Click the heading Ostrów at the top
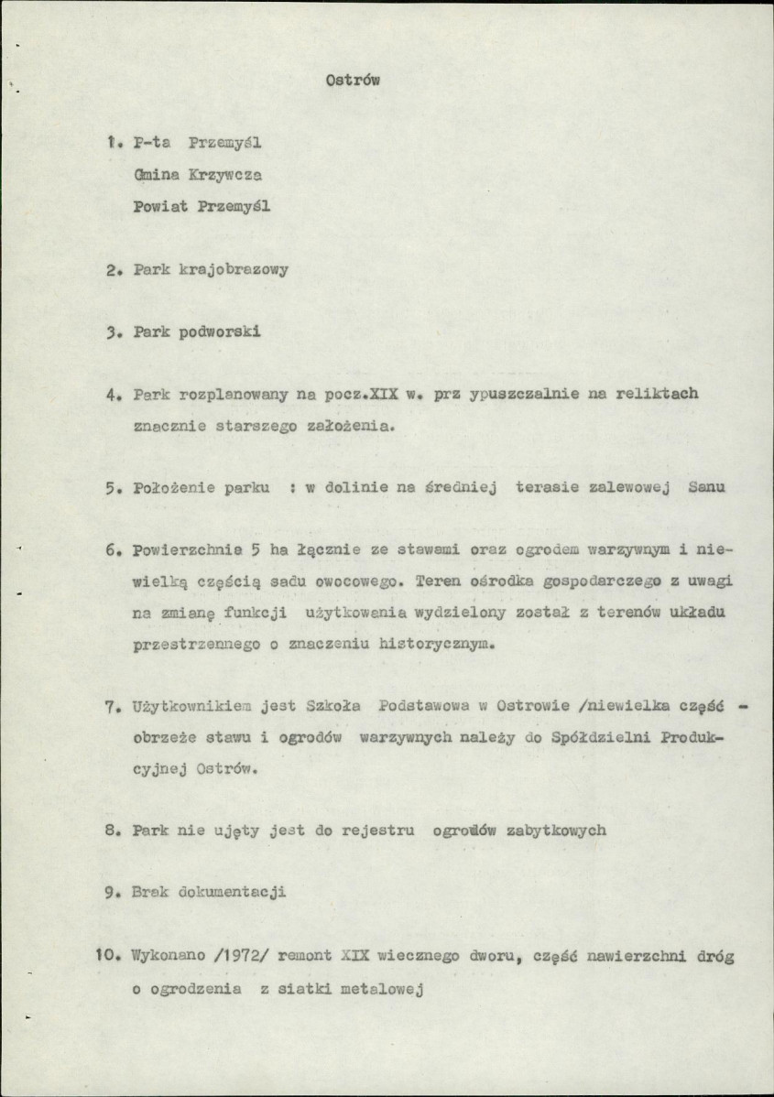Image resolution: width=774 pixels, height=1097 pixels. click(x=353, y=81)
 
